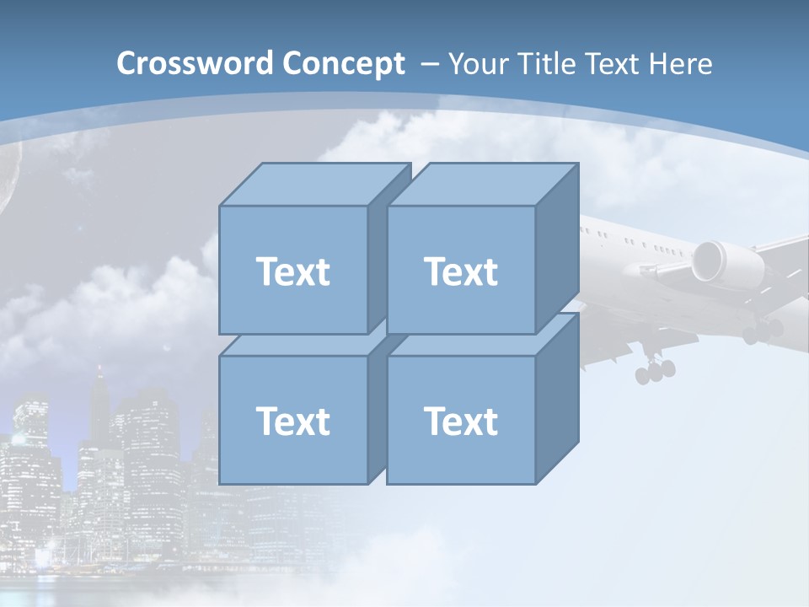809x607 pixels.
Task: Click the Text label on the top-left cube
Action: click(293, 271)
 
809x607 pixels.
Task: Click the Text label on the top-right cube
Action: click(461, 271)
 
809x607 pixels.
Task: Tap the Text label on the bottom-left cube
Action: click(293, 421)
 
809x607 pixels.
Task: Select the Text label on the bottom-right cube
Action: click(461, 421)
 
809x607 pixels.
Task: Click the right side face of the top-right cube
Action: click(557, 244)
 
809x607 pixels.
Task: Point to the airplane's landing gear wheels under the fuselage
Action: click(656, 369)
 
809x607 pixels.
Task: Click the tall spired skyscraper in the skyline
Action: click(99, 405)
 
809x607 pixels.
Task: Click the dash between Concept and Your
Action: click(428, 63)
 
